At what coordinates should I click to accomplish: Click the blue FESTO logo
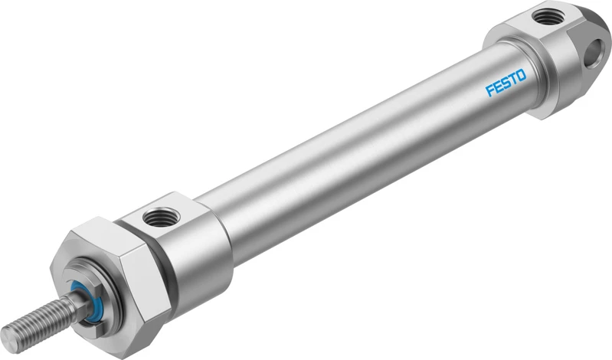click(506, 83)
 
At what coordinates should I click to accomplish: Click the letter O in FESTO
click(521, 75)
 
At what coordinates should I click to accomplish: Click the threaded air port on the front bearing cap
click(160, 217)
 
